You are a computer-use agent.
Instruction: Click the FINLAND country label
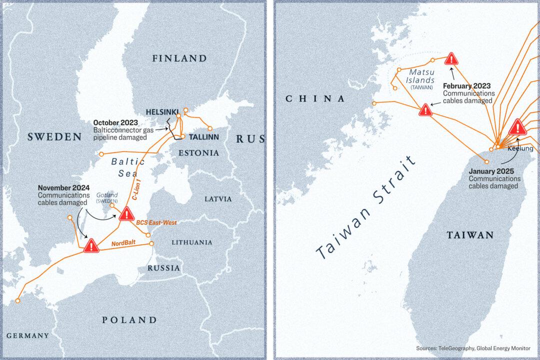click(x=179, y=59)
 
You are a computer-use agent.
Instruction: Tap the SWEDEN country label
click(x=54, y=136)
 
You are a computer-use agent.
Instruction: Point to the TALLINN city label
click(x=203, y=136)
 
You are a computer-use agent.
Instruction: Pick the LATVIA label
click(x=218, y=198)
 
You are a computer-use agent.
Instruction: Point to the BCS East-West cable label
click(x=157, y=223)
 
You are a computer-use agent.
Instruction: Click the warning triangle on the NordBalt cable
click(x=91, y=245)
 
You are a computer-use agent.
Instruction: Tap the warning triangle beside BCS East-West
click(x=125, y=215)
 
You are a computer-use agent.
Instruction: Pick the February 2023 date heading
click(x=468, y=85)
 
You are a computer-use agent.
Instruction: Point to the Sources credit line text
click(x=473, y=348)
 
